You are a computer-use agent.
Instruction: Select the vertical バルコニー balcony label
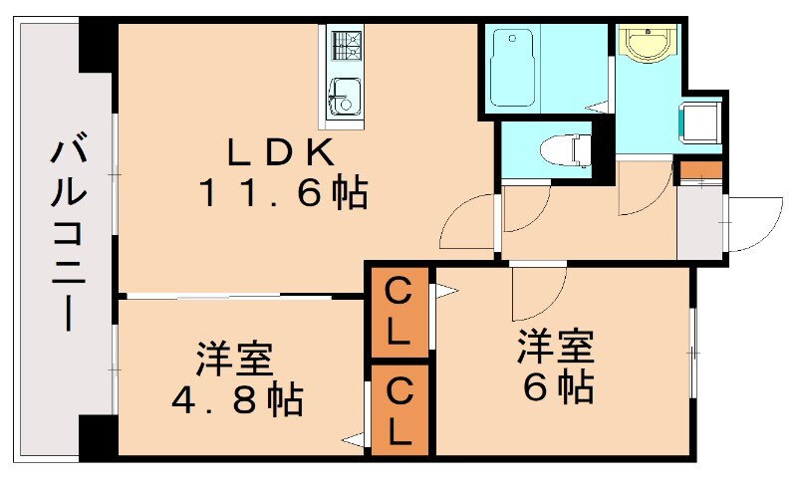click(67, 235)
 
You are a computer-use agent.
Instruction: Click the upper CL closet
click(398, 312)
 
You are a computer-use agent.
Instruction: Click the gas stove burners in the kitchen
click(345, 43)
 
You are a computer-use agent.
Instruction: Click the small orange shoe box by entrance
click(699, 169)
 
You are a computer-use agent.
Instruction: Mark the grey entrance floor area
click(699, 221)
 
